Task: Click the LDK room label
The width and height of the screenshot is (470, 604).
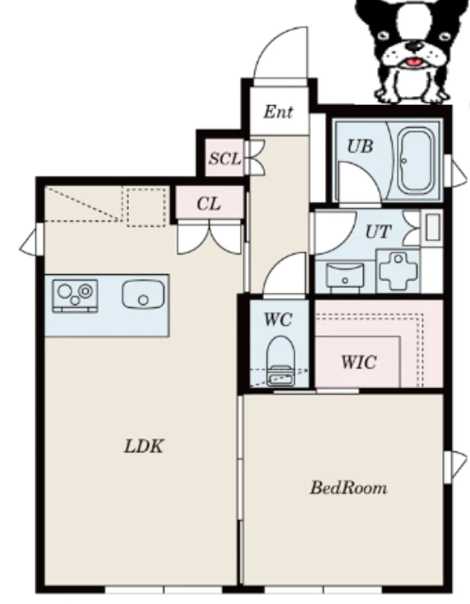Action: click(144, 446)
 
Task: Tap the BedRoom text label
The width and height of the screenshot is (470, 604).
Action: click(348, 487)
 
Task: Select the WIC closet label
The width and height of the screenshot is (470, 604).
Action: click(358, 362)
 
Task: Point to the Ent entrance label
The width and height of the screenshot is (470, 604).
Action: click(279, 112)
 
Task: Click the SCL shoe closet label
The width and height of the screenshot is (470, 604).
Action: click(225, 158)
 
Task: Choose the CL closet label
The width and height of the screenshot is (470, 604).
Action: click(209, 204)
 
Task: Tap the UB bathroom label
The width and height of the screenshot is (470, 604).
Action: click(360, 146)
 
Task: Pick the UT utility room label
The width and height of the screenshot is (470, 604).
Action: click(378, 232)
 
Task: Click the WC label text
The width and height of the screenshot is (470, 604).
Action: click(278, 319)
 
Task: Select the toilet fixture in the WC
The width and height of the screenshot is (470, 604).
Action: click(281, 360)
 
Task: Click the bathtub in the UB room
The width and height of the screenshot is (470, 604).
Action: click(415, 161)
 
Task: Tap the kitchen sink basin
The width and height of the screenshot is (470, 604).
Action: click(143, 295)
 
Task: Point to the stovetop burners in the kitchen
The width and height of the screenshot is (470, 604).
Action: click(75, 295)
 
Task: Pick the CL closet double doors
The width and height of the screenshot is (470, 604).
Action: click(210, 239)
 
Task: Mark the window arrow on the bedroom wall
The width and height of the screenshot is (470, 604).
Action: click(458, 465)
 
